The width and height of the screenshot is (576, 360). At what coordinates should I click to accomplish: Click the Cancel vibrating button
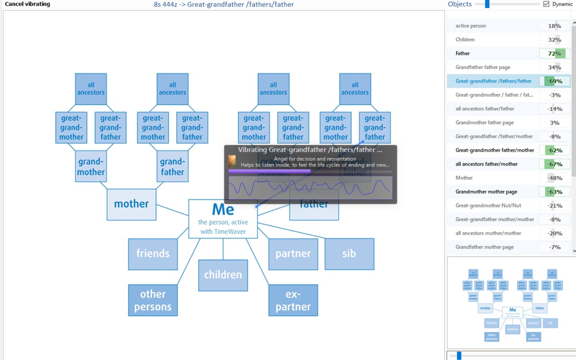pyautogui.click(x=27, y=4)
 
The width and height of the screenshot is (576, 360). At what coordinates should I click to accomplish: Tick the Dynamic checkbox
pyautogui.click(x=546, y=4)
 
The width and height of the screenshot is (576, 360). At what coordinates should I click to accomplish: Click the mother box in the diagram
pyautogui.click(x=131, y=204)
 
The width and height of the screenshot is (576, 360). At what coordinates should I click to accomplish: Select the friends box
pyautogui.click(x=153, y=254)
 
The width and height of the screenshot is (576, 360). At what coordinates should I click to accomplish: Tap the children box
pyautogui.click(x=223, y=275)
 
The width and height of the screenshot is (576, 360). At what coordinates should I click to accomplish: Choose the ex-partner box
pyautogui.click(x=293, y=300)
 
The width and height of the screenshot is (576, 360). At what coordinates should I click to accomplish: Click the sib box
pyautogui.click(x=349, y=254)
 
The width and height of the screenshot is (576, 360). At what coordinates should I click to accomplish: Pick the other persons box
pyautogui.click(x=153, y=300)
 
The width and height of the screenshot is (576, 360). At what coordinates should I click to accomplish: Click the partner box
pyautogui.click(x=293, y=254)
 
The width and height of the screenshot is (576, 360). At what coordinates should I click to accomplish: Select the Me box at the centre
pyautogui.click(x=223, y=219)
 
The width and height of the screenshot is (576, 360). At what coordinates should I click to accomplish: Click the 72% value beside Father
pyautogui.click(x=554, y=54)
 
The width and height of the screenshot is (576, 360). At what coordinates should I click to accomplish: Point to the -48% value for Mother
pyautogui.click(x=554, y=178)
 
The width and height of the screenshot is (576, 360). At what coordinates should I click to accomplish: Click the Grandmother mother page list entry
pyautogui.click(x=486, y=192)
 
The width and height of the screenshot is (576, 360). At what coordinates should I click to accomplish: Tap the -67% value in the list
pyautogui.click(x=554, y=164)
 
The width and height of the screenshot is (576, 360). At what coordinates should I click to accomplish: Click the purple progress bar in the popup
pyautogui.click(x=269, y=171)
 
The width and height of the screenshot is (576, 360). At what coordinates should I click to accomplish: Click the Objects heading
pyautogui.click(x=459, y=4)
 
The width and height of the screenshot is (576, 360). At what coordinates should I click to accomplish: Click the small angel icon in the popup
pyautogui.click(x=232, y=162)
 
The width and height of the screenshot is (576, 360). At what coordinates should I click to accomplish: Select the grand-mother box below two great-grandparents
pyautogui.click(x=91, y=166)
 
